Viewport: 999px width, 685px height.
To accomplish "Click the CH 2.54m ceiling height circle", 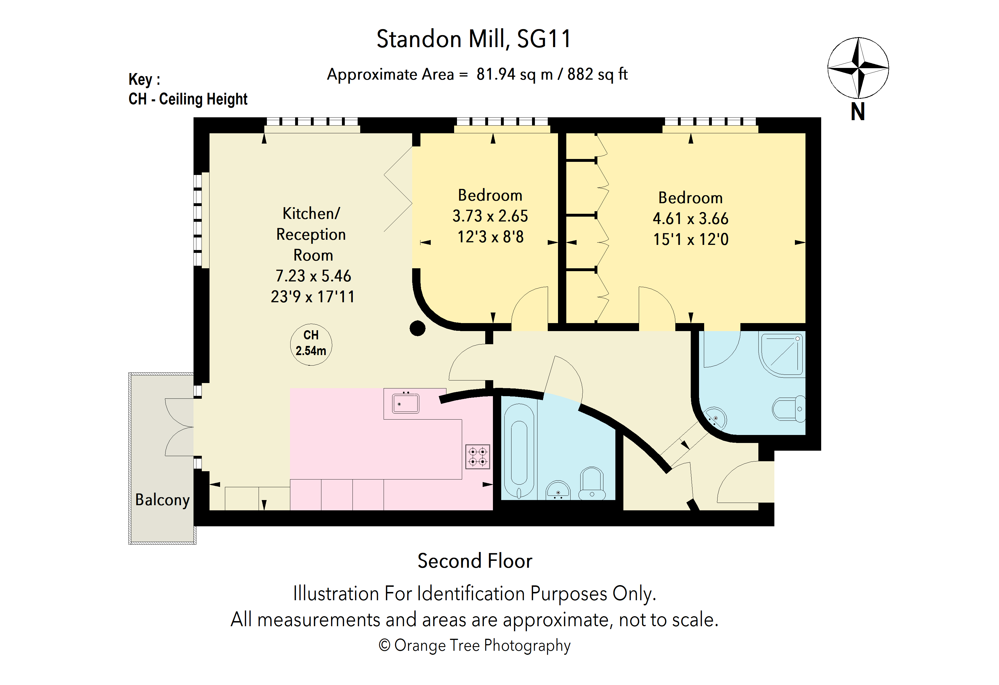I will tap(311, 344).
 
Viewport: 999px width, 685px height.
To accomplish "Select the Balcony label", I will tap(162, 500).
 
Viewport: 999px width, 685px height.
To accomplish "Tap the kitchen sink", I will tap(405, 404).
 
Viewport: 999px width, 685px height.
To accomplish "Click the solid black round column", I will tap(417, 328).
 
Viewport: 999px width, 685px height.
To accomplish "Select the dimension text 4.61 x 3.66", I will tap(690, 219).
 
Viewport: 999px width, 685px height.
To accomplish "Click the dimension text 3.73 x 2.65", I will tap(490, 216).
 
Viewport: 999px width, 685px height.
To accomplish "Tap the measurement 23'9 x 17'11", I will tap(313, 297).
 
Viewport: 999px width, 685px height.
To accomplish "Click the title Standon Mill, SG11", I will tap(474, 39).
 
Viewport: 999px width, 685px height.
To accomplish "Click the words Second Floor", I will tap(475, 561).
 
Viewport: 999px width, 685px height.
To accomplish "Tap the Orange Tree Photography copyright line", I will tap(475, 645).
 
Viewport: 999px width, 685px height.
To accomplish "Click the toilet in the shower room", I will tap(789, 409).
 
